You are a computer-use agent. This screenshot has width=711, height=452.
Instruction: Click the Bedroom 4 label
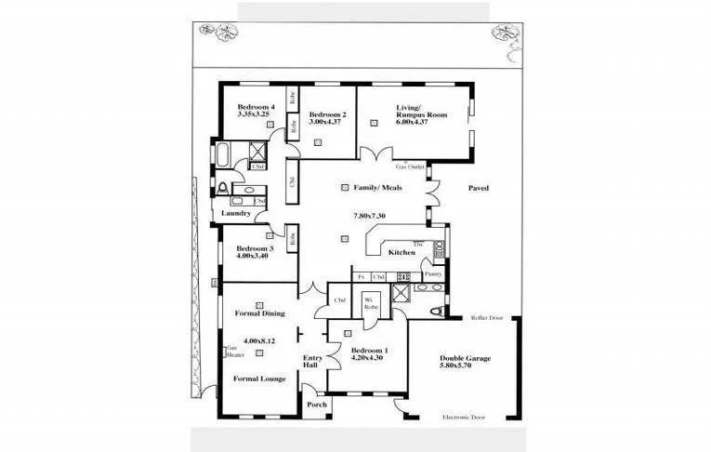256,106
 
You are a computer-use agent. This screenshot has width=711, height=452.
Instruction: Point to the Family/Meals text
377,188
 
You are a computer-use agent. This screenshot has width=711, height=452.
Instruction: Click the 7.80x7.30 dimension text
369,216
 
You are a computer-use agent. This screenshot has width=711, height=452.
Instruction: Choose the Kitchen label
402,252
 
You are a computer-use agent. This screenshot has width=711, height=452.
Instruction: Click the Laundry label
237,213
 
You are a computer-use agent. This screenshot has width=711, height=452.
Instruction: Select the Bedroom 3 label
254,249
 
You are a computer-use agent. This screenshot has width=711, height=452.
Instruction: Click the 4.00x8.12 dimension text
259,341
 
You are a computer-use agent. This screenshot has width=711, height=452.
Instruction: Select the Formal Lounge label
259,379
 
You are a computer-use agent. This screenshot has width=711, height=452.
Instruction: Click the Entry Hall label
312,361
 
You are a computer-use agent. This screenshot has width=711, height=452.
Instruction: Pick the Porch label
317,405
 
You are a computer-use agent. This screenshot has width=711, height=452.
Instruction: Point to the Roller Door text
486,318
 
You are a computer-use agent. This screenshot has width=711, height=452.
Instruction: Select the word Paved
478,188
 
